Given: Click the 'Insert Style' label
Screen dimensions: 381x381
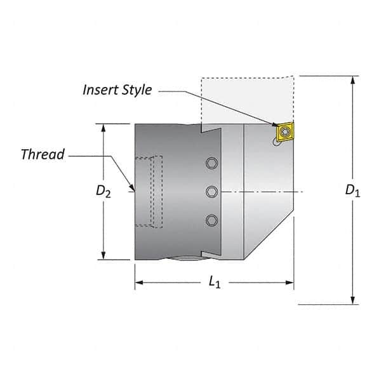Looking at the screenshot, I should click(117, 90).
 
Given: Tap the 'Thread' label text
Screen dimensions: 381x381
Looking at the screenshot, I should click(43, 154).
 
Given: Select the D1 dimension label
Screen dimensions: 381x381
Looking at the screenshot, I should click(352, 190).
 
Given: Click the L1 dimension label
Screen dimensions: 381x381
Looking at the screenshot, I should click(215, 283).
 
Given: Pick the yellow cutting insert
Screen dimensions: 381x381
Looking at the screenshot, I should click(284, 131).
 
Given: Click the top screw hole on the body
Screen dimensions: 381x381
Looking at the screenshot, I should click(211, 164).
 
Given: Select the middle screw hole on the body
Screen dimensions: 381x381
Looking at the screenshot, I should click(211, 191).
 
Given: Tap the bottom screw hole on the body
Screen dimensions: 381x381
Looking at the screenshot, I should click(211, 219).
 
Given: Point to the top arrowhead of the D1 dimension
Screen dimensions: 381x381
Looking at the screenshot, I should click(352, 79).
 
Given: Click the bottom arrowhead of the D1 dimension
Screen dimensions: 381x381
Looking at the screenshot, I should click(352, 300).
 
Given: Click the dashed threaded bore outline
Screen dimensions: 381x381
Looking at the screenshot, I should click(156, 190).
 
